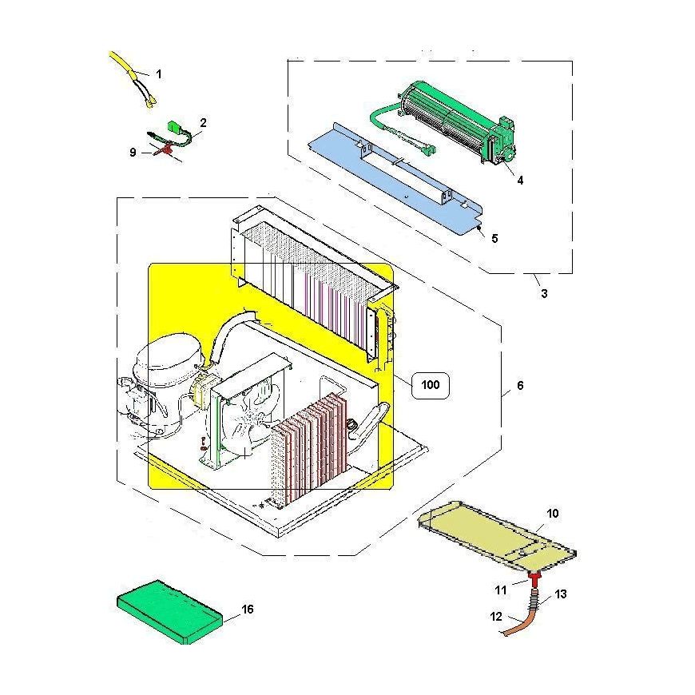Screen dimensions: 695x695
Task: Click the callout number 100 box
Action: (430, 385)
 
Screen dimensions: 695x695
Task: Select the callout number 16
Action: (248, 609)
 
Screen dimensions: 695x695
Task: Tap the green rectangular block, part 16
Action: (170, 612)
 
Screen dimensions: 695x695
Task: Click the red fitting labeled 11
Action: (535, 578)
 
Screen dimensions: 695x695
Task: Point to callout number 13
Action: (561, 594)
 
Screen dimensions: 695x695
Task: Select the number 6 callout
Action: (520, 385)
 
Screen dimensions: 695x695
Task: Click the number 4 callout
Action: (520, 180)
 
